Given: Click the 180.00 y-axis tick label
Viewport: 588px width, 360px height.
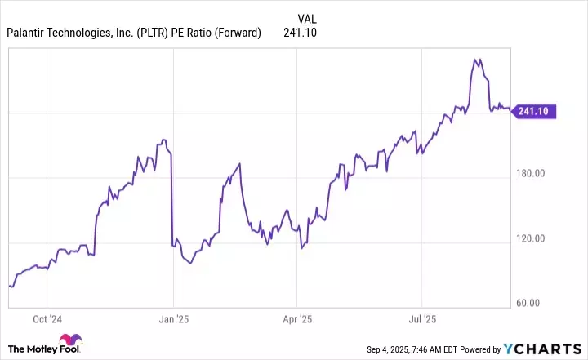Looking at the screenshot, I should (535, 173).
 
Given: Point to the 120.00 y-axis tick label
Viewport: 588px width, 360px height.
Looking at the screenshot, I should (535, 238).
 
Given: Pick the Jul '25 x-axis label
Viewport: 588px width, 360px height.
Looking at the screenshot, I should (423, 318).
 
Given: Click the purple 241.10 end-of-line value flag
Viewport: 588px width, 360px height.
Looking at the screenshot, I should (536, 112).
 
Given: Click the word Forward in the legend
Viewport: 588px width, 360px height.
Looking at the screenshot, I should (234, 33).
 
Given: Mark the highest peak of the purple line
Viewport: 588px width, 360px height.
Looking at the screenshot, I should (476, 59).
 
